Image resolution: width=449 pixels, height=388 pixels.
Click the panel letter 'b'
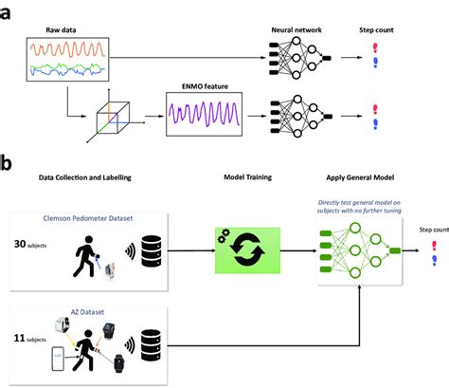pyautogui.click(x=7, y=162)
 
